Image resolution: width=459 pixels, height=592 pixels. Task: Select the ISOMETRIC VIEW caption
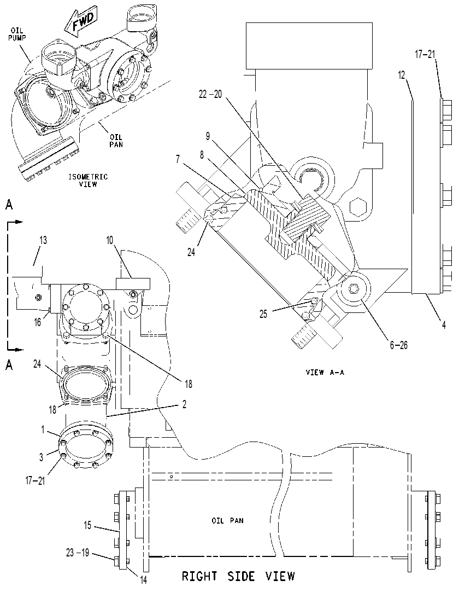(x=87, y=180)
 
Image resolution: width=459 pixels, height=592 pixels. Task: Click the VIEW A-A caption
(x=325, y=372)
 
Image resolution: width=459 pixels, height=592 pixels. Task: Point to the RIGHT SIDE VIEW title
(x=238, y=576)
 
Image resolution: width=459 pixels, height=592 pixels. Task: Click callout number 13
(x=43, y=240)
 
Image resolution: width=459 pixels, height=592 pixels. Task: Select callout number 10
(x=109, y=240)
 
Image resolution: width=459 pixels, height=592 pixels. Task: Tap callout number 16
(x=38, y=322)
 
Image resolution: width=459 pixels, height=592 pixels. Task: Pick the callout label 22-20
(x=210, y=95)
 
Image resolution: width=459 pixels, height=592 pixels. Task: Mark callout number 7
(x=178, y=159)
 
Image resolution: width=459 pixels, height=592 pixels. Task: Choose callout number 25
(x=263, y=314)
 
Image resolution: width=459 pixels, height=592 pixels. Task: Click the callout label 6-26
(x=399, y=345)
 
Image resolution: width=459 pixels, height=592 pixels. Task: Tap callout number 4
(x=444, y=324)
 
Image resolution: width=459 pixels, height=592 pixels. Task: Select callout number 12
(x=401, y=75)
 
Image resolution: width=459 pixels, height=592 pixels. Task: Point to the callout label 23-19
(x=77, y=553)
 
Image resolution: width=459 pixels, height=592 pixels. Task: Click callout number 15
(x=87, y=525)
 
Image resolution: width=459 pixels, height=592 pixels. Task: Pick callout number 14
(x=143, y=580)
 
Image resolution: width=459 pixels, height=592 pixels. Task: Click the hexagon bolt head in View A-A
(x=356, y=207)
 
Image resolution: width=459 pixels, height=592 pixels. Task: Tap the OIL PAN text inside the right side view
(x=227, y=521)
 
